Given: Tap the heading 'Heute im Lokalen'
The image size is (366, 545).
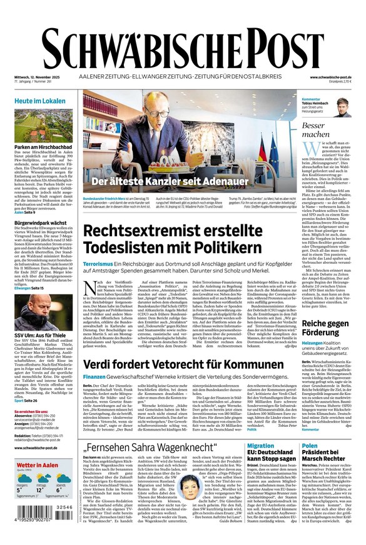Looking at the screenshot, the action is [x=40, y=101].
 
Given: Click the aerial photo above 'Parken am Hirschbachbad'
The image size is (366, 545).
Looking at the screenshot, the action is [x=41, y=124].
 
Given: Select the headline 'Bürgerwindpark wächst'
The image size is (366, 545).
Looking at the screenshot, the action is [x=41, y=222].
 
